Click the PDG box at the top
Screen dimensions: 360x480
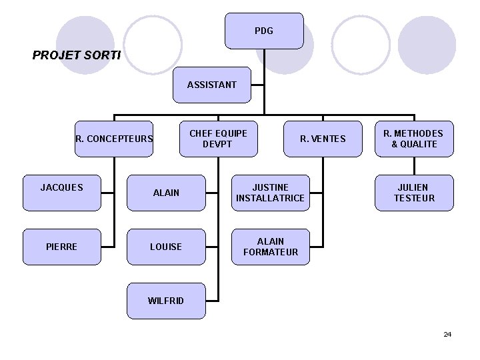tap(264, 31)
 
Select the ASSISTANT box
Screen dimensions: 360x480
tap(212, 85)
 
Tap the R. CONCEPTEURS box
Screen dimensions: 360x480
tap(114, 139)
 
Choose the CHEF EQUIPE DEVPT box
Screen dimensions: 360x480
tap(218, 139)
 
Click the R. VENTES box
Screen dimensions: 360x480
tap(323, 139)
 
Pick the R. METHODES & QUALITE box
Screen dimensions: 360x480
tap(414, 139)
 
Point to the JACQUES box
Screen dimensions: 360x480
tap(62, 193)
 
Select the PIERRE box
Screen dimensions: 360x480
tap(62, 247)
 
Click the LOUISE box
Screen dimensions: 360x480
tap(166, 247)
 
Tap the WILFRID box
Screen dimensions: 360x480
tap(166, 301)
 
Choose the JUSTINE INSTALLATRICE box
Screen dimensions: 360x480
tap(270, 193)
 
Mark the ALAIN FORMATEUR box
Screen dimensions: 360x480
tap(270, 247)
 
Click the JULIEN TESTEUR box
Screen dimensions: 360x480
tap(414, 193)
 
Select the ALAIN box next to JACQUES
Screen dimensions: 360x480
tap(166, 193)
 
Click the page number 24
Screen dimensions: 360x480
tap(447, 334)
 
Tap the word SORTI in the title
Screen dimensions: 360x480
tap(103, 55)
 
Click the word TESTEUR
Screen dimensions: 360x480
tap(414, 198)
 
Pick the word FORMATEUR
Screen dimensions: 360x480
tap(271, 252)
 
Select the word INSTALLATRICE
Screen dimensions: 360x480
tap(270, 198)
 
